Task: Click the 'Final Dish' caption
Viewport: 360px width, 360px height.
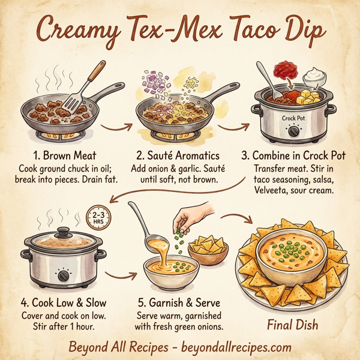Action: pos(292,325)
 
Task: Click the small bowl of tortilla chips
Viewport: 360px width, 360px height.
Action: pos(208,247)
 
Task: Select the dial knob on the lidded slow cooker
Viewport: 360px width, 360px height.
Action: pos(63,275)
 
